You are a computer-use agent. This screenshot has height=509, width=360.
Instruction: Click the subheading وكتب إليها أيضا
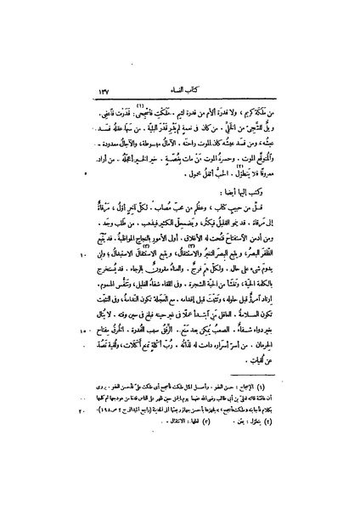click(269, 193)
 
